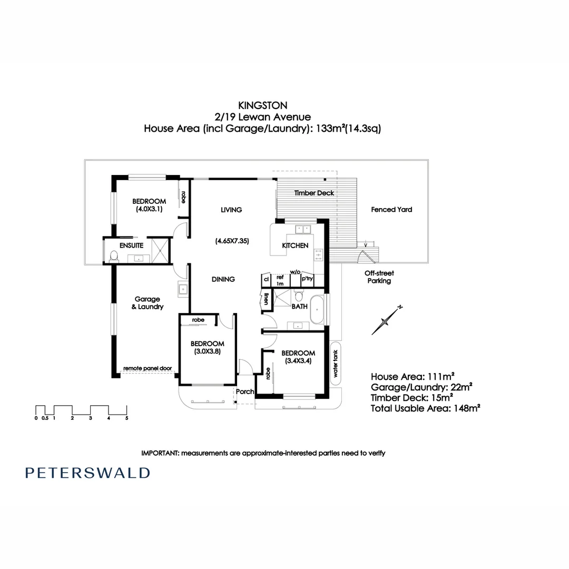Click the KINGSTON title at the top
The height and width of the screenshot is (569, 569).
pos(263,105)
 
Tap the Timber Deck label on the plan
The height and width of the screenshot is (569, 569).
pos(314,193)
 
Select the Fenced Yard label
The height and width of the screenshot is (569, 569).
pos(391,209)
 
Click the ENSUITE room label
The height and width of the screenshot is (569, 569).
pos(131,246)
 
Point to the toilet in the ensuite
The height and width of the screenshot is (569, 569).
pos(114,256)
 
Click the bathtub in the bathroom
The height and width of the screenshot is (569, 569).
pos(317,310)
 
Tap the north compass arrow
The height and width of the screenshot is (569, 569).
pos(387,320)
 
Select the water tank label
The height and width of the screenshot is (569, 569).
pos(335,363)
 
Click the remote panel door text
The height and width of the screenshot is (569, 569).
pos(148,368)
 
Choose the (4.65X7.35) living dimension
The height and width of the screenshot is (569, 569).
pos(232,241)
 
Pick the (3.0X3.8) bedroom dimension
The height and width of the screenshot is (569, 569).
pos(208,351)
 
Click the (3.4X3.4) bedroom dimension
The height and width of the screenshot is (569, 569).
pos(298,361)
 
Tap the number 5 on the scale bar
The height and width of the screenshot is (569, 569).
pos(126,418)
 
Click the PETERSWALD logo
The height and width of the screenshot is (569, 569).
pos(87,473)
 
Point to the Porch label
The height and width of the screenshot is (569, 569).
pos(245,391)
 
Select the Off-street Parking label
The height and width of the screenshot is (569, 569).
pos(379,277)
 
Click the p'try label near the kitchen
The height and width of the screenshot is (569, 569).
pos(307,279)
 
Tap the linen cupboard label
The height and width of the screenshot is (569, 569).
pos(267,299)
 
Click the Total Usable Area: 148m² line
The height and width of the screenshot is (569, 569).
pos(425,408)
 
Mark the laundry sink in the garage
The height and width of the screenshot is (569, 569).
pos(182,289)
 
